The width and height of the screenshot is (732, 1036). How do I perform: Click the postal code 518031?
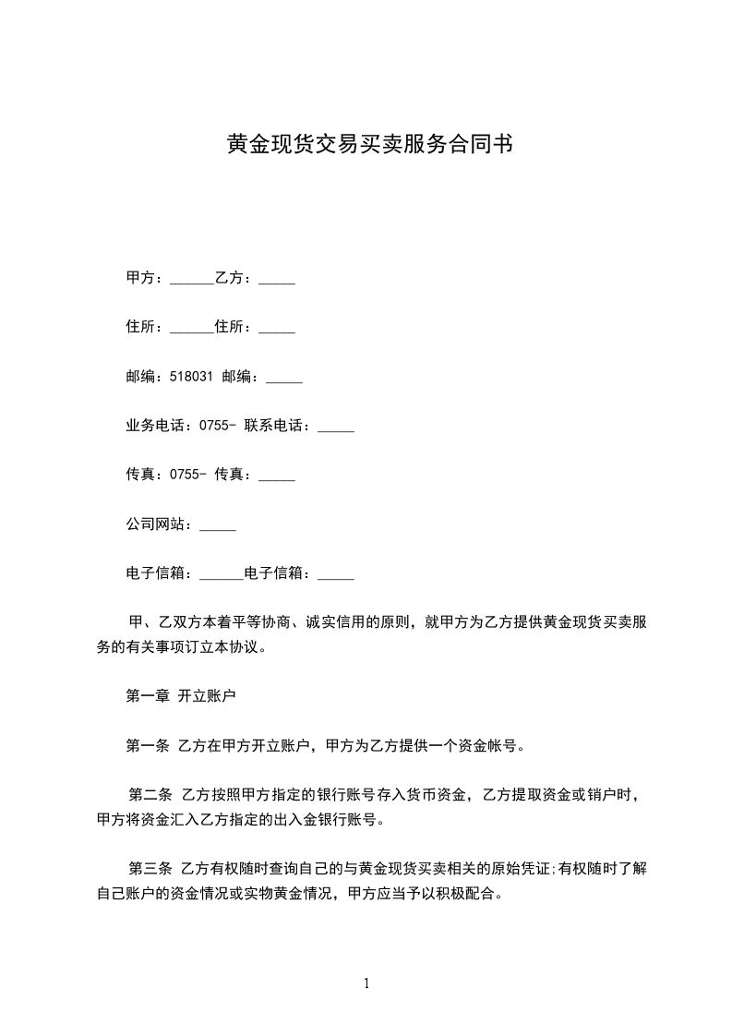pyautogui.click(x=192, y=377)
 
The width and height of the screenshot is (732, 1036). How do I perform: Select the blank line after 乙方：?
pyautogui.click(x=277, y=281)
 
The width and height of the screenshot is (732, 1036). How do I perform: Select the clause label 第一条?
pyautogui.click(x=147, y=746)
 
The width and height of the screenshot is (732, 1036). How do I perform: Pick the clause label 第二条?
pyautogui.click(x=150, y=795)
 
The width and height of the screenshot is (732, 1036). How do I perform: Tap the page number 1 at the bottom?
pyautogui.click(x=366, y=983)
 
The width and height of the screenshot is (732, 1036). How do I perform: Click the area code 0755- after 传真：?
pyautogui.click(x=188, y=476)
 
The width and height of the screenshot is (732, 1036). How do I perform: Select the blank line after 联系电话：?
pyautogui.click(x=336, y=429)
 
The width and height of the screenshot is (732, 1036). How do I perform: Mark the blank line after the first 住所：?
pyautogui.click(x=192, y=331)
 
